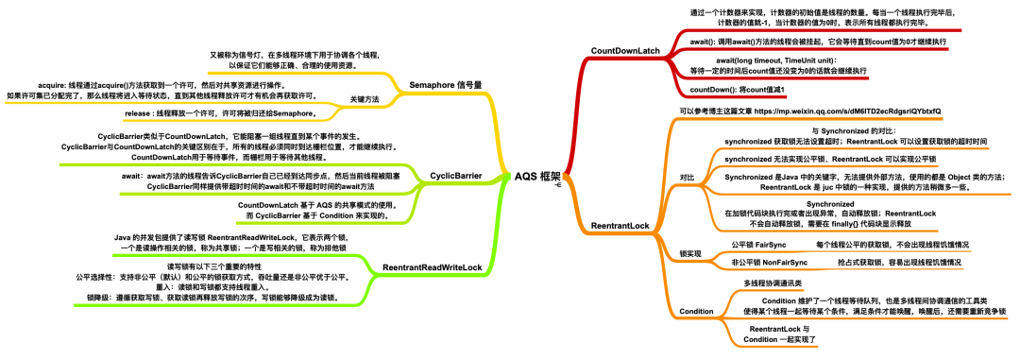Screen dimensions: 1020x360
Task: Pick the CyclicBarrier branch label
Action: pyautogui.click(x=456, y=176)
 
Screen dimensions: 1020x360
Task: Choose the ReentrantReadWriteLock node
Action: pyautogui.click(x=433, y=267)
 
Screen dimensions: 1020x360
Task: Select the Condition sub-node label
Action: pyautogui.click(x=697, y=311)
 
